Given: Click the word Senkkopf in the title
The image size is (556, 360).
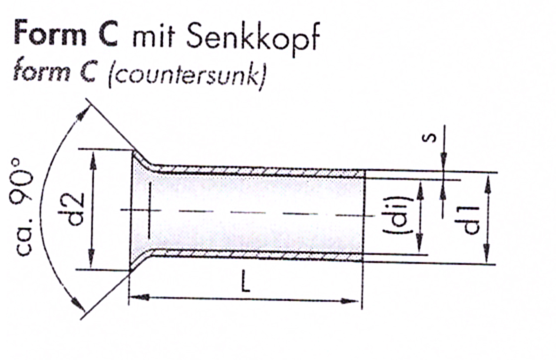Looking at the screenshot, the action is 253,37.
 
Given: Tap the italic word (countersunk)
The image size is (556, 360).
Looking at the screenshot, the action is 187,76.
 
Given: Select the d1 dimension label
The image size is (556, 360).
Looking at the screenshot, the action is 468,220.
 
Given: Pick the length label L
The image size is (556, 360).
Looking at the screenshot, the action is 246,282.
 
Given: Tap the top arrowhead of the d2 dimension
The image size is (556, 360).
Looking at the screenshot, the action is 93,160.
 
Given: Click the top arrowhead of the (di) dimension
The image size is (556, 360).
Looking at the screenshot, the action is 420,191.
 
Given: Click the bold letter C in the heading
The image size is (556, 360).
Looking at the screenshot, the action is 107,33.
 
